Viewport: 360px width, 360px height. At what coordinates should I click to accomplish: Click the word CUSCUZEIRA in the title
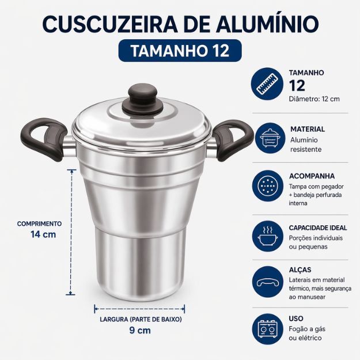(110, 24)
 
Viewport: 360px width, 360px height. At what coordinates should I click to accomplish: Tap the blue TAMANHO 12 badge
(180, 51)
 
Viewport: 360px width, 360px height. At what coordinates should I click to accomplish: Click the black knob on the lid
(142, 100)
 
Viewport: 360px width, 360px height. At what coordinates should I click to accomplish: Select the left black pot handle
(44, 139)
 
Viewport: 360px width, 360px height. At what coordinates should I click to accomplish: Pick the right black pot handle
(233, 141)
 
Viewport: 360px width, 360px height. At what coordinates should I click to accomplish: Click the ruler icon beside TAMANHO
(267, 84)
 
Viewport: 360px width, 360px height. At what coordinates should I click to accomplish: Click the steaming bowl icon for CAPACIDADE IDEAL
(267, 237)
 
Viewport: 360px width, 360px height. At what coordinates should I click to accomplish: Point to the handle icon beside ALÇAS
(267, 282)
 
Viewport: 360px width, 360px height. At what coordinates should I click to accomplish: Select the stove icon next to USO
(267, 329)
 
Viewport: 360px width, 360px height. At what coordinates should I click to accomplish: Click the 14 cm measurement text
(43, 234)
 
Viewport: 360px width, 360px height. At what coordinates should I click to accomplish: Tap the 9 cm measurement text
(140, 330)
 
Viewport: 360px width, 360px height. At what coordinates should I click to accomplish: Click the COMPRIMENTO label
(39, 223)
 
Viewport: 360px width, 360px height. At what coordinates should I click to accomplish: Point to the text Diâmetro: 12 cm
(314, 99)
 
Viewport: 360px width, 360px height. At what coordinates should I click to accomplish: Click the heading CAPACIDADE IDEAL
(318, 228)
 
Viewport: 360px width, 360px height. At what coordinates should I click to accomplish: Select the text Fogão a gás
(307, 329)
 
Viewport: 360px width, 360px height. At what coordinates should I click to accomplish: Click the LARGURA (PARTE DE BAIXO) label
(141, 319)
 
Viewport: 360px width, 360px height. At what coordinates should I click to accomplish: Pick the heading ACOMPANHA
(312, 176)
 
